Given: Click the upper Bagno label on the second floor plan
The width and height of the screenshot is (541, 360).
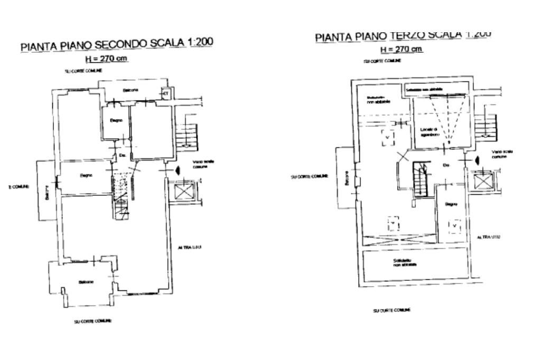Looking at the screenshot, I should click(116, 120).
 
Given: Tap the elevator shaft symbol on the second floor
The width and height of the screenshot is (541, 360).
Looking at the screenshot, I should click(183, 190).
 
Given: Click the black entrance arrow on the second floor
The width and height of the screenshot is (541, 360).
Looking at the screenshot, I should click(177, 170).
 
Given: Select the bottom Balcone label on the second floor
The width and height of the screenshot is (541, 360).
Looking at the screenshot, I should click(86, 282).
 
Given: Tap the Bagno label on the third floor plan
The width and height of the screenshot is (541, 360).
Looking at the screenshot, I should click(451, 203).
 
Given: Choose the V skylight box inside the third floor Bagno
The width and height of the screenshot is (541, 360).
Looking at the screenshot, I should click(454, 226).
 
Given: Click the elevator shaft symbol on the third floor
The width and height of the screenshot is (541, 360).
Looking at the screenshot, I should click(482, 181).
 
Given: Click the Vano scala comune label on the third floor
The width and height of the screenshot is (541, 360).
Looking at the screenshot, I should click(502, 154).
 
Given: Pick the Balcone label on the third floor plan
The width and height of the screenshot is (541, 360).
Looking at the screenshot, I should click(347, 178).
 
